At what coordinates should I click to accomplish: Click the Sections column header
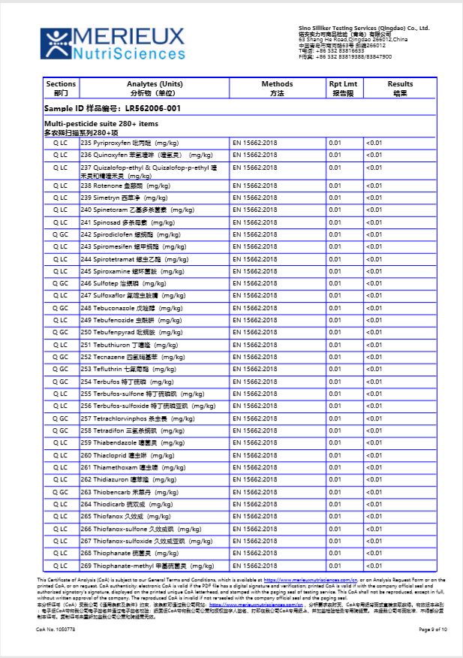pyautogui.click(x=61, y=88)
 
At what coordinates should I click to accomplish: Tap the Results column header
pyautogui.click(x=400, y=88)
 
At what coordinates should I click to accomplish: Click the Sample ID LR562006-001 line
pyautogui.click(x=113, y=108)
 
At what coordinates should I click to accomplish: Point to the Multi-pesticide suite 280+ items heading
pyautogui.click(x=101, y=123)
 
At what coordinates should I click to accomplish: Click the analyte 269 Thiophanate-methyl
pyautogui.click(x=147, y=566)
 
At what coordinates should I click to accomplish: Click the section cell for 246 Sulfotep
pyautogui.click(x=61, y=283)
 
